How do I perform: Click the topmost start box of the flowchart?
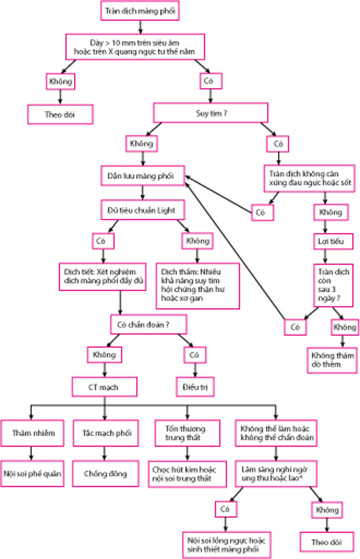click(x=139, y=10)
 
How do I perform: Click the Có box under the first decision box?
click(x=210, y=81)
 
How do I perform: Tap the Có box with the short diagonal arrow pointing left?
click(x=262, y=211)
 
